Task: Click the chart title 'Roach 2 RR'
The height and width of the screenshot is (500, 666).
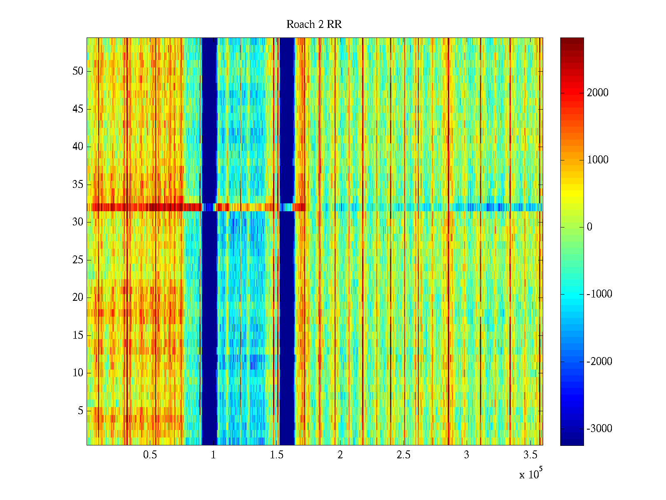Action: [x=314, y=25]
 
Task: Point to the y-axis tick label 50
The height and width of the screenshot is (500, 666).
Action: [x=78, y=71]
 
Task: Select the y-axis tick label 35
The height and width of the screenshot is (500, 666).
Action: [x=78, y=185]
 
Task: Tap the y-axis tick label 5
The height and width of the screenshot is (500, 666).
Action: [x=80, y=411]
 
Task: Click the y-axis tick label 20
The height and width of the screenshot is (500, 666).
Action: [x=78, y=297]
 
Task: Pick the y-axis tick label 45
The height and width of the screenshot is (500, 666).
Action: [x=78, y=109]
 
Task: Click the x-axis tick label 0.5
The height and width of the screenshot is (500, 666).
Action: [x=150, y=455]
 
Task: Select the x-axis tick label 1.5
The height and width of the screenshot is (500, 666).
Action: [x=276, y=455]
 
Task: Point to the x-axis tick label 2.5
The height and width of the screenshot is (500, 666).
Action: [x=403, y=455]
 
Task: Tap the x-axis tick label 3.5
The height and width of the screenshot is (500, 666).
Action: [x=530, y=455]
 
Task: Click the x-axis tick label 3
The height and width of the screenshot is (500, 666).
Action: [x=466, y=455]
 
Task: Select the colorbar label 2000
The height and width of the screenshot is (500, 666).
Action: [x=597, y=93]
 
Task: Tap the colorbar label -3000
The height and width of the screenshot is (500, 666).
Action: [x=599, y=429]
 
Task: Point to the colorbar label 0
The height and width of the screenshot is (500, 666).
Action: [x=589, y=227]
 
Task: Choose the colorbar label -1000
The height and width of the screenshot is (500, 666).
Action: [x=599, y=294]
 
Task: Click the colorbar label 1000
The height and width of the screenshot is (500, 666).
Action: [x=597, y=160]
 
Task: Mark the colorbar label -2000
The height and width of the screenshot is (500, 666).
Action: [x=599, y=361]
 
